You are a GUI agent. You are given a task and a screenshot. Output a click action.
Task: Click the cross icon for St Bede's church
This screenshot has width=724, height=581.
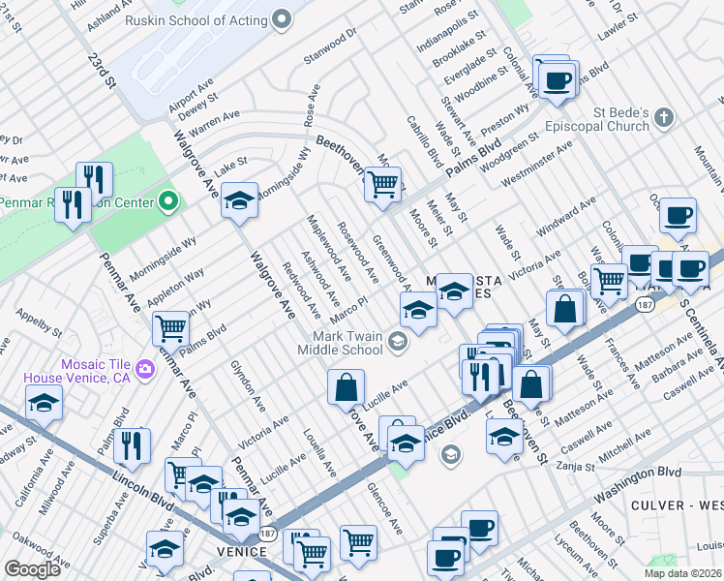[x=663, y=118]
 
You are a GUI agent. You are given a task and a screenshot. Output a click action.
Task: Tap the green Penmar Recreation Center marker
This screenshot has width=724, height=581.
[x=169, y=202]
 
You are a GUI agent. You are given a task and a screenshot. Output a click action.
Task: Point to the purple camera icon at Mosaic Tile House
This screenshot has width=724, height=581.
[x=145, y=368]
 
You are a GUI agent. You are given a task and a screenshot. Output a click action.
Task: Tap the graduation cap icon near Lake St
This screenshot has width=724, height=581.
[x=239, y=199]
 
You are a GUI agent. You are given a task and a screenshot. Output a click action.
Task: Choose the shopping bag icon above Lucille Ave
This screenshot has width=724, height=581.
[x=346, y=387]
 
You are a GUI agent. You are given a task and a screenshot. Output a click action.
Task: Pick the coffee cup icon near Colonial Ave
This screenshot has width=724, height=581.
[x=556, y=79]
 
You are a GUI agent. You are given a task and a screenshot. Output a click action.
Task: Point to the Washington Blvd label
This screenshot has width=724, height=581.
[x=638, y=474]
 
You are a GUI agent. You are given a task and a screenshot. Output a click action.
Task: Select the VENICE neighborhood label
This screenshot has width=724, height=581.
[x=241, y=551]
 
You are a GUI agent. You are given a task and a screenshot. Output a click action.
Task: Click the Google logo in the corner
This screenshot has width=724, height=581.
[x=32, y=568]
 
